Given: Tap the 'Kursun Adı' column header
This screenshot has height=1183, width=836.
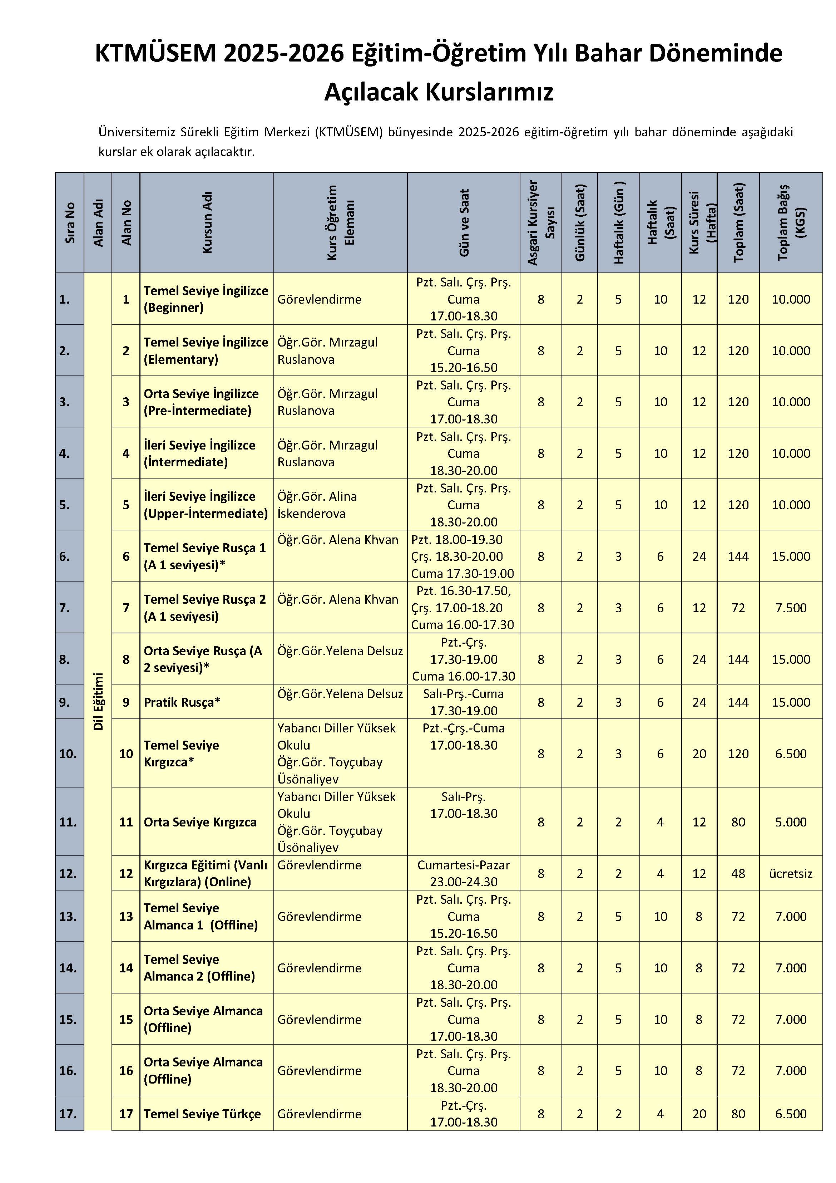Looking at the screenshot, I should tap(207, 222).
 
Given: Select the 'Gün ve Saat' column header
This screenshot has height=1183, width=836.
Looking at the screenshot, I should tap(464, 222).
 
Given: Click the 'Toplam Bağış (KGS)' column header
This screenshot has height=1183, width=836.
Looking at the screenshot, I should tap(791, 222).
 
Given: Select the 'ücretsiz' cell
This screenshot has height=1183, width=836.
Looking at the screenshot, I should tap(791, 873).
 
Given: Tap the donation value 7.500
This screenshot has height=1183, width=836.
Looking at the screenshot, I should tap(791, 608).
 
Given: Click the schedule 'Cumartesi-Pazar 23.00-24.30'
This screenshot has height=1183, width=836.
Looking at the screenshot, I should tap(464, 873).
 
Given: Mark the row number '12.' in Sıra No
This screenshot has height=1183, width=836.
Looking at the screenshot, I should tap(68, 873).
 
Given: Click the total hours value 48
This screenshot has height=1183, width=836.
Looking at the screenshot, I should tap(738, 873).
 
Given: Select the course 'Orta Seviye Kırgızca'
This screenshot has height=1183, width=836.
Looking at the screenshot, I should tap(200, 822).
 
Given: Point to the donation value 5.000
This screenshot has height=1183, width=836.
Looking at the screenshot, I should tap(791, 822).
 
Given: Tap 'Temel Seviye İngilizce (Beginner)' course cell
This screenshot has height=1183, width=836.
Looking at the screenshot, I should tap(206, 299).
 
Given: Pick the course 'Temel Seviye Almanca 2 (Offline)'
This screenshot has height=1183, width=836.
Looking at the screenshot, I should tap(199, 968).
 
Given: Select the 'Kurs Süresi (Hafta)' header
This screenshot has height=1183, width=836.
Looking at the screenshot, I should tap(699, 222).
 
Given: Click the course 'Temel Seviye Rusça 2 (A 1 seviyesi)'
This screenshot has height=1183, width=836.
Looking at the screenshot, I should tap(204, 608).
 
